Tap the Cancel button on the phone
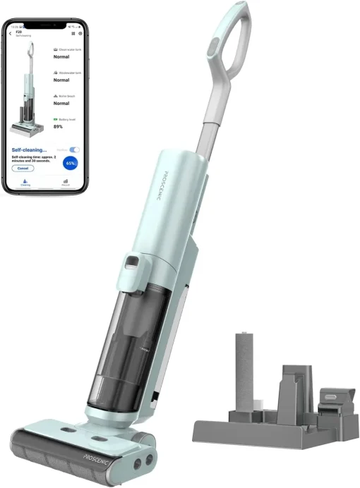(23, 168)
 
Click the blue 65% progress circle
(71, 163)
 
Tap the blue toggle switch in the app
(74, 150)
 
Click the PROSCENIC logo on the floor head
(94, 453)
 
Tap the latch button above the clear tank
(131, 268)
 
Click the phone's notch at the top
(46, 25)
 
